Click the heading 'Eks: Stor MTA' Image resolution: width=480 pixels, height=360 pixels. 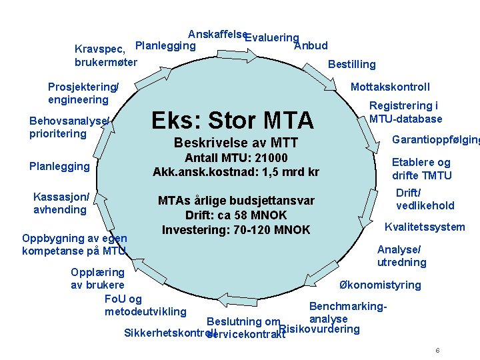(232, 121)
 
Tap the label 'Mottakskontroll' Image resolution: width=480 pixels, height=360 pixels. (390, 87)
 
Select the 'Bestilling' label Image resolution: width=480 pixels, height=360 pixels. (352, 65)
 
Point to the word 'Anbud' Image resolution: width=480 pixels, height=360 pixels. (311, 46)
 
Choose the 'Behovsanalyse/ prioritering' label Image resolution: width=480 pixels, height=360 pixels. (69, 127)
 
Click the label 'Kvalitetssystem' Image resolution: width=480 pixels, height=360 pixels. (425, 227)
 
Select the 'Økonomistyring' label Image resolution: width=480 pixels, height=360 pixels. (380, 285)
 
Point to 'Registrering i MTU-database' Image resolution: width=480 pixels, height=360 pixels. (405, 112)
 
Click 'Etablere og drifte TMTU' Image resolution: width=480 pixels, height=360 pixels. (421, 169)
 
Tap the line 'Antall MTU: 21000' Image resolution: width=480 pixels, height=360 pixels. (236, 158)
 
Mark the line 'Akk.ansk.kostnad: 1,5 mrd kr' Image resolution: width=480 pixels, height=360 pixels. (236, 172)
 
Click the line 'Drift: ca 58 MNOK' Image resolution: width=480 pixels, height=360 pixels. (236, 215)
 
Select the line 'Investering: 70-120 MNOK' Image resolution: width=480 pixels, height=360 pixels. (236, 230)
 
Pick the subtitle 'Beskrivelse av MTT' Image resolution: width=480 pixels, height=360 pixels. (235, 143)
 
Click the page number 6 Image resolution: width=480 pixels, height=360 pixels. (437, 351)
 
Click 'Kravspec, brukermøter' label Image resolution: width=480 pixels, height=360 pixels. (105, 55)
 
